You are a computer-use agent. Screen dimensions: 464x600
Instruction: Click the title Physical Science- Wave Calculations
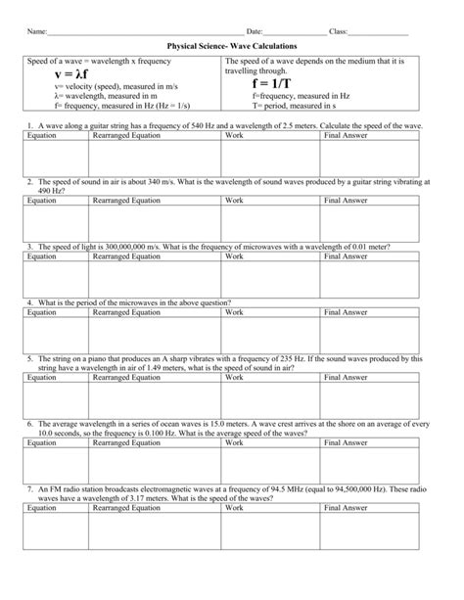tap(231, 46)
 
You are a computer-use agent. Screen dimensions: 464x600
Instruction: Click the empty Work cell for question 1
tap(272, 160)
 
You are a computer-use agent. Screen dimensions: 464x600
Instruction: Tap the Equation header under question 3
tap(42, 255)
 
